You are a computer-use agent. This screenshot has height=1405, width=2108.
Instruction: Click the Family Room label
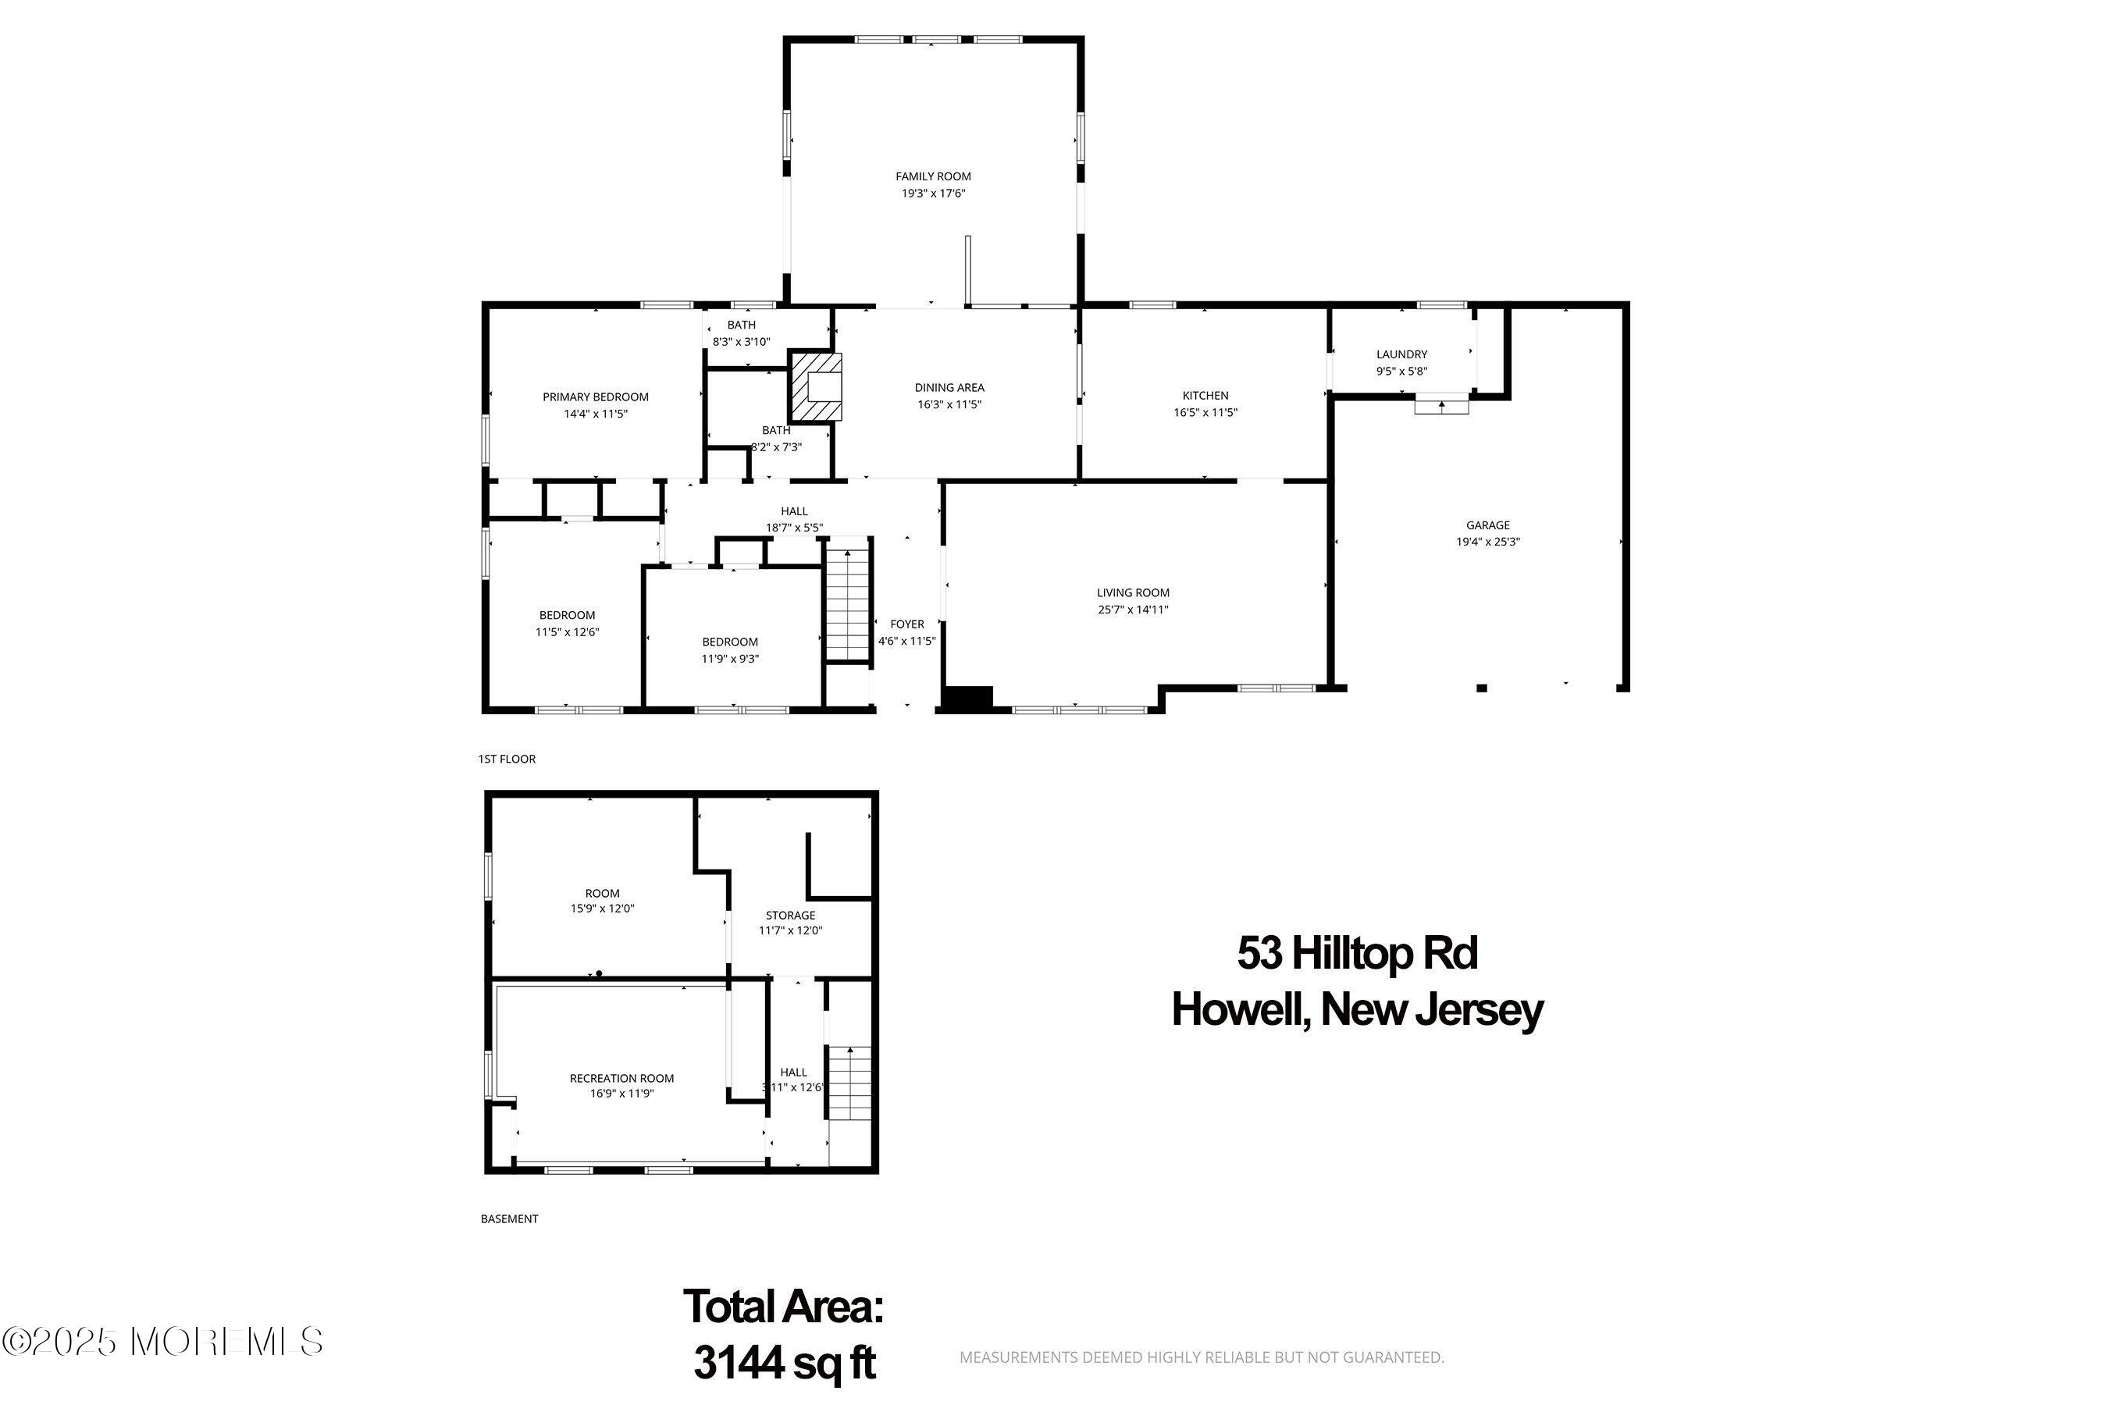[x=933, y=176]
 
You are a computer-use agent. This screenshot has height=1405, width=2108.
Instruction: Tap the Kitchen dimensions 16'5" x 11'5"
[x=1205, y=412]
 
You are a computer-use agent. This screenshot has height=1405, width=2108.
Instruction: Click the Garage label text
[x=1488, y=525]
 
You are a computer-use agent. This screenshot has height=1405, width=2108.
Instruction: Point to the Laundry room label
[x=1401, y=354]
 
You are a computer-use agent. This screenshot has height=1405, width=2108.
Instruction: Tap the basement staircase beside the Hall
[x=848, y=1082]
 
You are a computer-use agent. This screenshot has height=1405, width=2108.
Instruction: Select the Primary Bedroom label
[x=595, y=397]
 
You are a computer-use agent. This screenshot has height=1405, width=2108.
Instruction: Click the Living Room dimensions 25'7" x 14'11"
[x=1133, y=610]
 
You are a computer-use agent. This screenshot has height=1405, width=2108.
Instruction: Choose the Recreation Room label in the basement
[x=621, y=1078]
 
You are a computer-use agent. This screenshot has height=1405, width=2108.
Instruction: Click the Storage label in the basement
[x=789, y=915]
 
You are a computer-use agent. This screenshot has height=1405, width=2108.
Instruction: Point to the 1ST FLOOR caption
[x=507, y=759]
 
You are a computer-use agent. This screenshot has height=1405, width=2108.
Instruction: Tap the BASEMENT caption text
[x=509, y=1218]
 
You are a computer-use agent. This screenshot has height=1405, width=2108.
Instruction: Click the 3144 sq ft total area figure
[x=784, y=1363]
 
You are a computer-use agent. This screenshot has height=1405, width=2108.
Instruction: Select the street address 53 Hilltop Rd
[x=1357, y=952]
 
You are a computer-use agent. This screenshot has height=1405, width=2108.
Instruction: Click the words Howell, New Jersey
[x=1357, y=1010]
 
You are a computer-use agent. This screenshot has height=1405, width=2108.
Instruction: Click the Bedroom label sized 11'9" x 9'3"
[x=729, y=642]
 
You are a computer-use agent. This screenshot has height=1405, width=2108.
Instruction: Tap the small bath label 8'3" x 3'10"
[x=741, y=341]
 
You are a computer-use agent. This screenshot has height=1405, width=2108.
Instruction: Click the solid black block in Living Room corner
[x=967, y=699]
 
